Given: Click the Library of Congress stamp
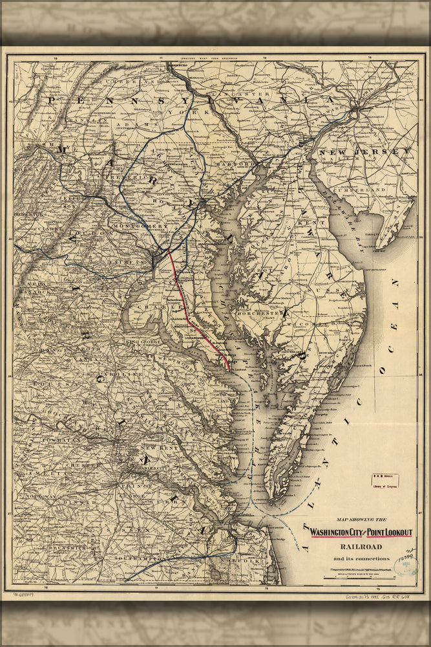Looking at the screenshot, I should [385, 480].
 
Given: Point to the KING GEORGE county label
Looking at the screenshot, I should [143, 341].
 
